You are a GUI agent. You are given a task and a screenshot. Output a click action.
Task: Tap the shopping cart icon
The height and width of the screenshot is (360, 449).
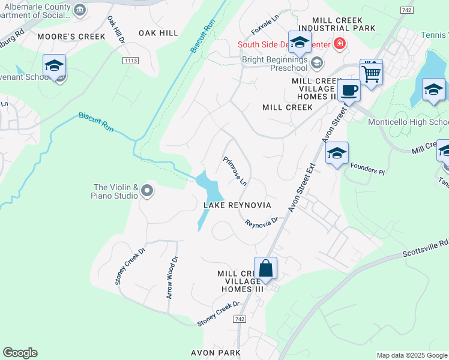(x=372, y=74)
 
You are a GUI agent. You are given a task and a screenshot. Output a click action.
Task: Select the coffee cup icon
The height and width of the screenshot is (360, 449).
(x=348, y=91)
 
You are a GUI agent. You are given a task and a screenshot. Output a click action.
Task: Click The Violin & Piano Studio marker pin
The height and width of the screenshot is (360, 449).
(x=147, y=192)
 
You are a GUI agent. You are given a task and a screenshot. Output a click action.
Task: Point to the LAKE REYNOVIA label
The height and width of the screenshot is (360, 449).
(x=237, y=205)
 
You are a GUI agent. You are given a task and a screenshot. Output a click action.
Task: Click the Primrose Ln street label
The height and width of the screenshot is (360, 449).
(x=235, y=171)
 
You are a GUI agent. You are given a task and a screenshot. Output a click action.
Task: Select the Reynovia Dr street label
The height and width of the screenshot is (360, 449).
(x=262, y=222)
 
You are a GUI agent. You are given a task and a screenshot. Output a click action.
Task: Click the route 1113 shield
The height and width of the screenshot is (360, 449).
(x=130, y=61)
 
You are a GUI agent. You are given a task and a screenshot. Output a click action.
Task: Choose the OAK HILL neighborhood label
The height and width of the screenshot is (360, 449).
(x=158, y=33)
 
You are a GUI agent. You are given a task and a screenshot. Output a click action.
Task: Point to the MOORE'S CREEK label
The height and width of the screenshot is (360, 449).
(x=71, y=37)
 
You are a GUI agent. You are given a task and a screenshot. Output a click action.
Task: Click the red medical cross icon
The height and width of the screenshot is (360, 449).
(x=339, y=43)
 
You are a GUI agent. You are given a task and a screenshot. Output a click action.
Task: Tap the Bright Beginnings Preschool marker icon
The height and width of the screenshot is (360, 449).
(x=316, y=63)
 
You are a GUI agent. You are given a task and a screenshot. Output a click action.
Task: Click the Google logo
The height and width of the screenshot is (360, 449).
(x=20, y=353)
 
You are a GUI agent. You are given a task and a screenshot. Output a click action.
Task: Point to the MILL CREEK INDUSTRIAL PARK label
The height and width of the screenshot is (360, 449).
(x=337, y=24)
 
